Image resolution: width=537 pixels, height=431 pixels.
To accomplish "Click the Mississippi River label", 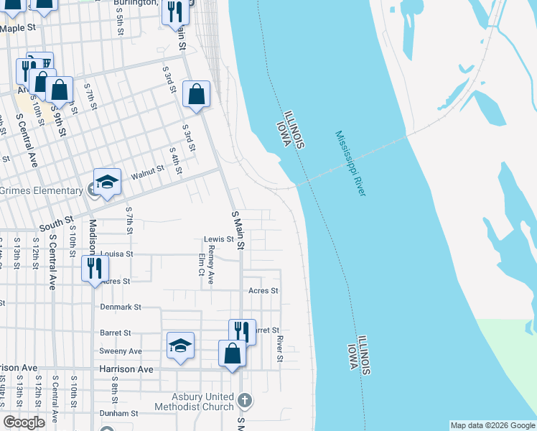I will click(x=351, y=164).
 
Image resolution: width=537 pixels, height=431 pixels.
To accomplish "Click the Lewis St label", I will click(x=219, y=239).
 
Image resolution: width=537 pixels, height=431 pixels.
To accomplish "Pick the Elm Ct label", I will click(x=201, y=264).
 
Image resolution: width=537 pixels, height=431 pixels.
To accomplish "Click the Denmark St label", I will click(x=121, y=307).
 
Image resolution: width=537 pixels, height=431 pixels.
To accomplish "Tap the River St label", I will click(x=280, y=348).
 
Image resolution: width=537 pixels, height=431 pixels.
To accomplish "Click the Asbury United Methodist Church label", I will click(x=202, y=402).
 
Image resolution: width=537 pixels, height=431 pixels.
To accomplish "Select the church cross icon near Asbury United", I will click(x=244, y=399).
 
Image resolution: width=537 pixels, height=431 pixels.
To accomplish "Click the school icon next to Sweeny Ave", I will click(x=180, y=346).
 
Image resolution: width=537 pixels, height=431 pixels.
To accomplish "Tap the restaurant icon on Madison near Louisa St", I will click(x=94, y=268).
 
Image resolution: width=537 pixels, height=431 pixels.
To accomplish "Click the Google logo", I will click(x=24, y=422).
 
